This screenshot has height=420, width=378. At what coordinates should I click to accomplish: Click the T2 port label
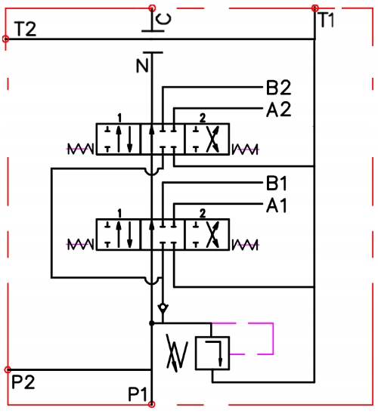click(26, 29)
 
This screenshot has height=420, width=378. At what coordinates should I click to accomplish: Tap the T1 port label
click(327, 20)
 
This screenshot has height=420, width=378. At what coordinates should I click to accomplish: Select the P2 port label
click(23, 382)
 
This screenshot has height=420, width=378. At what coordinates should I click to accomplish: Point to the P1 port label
click(138, 394)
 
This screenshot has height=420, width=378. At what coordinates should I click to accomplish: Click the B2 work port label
click(278, 88)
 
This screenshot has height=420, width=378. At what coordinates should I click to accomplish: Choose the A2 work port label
click(278, 110)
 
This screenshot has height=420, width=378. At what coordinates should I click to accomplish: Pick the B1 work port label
click(277, 184)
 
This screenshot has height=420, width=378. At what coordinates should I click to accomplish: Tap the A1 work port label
click(277, 205)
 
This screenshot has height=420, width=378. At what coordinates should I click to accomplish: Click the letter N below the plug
click(142, 66)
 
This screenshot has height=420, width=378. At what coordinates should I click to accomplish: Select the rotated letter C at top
click(164, 20)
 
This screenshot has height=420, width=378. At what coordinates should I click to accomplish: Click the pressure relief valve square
click(212, 353)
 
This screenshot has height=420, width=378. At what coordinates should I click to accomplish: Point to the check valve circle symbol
click(163, 307)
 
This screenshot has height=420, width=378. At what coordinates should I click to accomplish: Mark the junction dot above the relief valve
click(152, 323)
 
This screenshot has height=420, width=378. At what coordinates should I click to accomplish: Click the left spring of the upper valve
click(80, 149)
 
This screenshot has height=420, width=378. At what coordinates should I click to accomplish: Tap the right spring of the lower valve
click(245, 245)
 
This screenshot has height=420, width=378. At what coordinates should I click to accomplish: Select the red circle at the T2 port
click(6, 39)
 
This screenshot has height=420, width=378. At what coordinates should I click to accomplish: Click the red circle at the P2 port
click(8, 370)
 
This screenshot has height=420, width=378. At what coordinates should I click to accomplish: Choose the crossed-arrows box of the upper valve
click(207, 139)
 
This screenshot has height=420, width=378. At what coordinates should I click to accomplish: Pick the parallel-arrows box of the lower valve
click(119, 235)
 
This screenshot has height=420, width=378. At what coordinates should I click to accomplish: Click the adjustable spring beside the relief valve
click(177, 353)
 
